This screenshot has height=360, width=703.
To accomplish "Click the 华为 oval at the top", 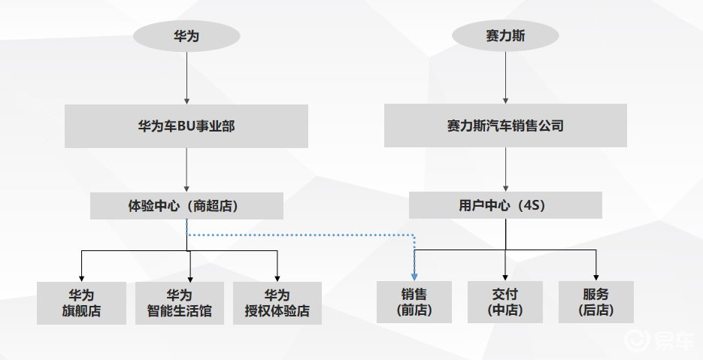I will click(x=186, y=35).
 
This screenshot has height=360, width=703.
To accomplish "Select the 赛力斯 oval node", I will click(x=505, y=35).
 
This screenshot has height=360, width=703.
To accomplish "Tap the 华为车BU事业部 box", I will click(x=186, y=126).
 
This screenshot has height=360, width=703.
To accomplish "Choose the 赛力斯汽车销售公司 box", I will click(x=505, y=126).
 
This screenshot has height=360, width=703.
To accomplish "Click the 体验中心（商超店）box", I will click(x=186, y=205).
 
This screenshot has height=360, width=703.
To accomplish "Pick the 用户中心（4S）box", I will click(x=505, y=205).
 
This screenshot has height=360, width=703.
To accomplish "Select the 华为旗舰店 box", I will click(x=81, y=302).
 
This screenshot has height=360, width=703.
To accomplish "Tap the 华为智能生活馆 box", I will click(x=180, y=302).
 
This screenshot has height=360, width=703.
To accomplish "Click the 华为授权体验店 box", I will click(x=277, y=302).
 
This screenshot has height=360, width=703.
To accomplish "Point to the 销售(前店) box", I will click(x=414, y=302).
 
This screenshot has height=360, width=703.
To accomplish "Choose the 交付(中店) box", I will click(x=505, y=302).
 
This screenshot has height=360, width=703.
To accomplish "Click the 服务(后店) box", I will click(x=596, y=302).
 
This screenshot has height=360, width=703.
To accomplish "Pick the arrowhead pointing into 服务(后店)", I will click(x=596, y=276).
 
